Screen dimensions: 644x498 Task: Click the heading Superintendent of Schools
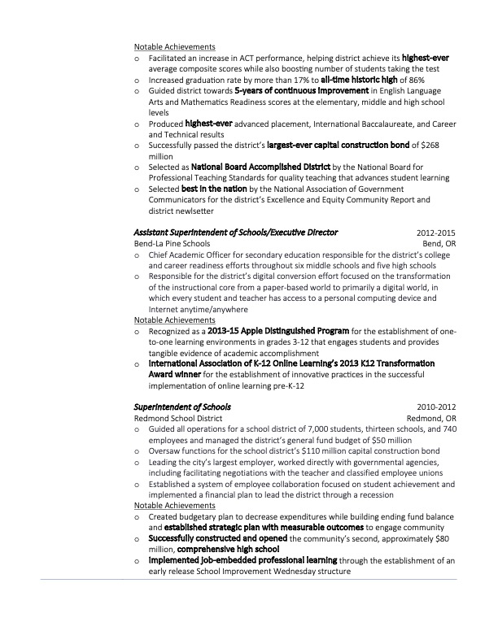[x=182, y=407]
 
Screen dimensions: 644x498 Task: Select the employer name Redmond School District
[x=178, y=418]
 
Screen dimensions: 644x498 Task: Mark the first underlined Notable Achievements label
[x=174, y=47]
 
